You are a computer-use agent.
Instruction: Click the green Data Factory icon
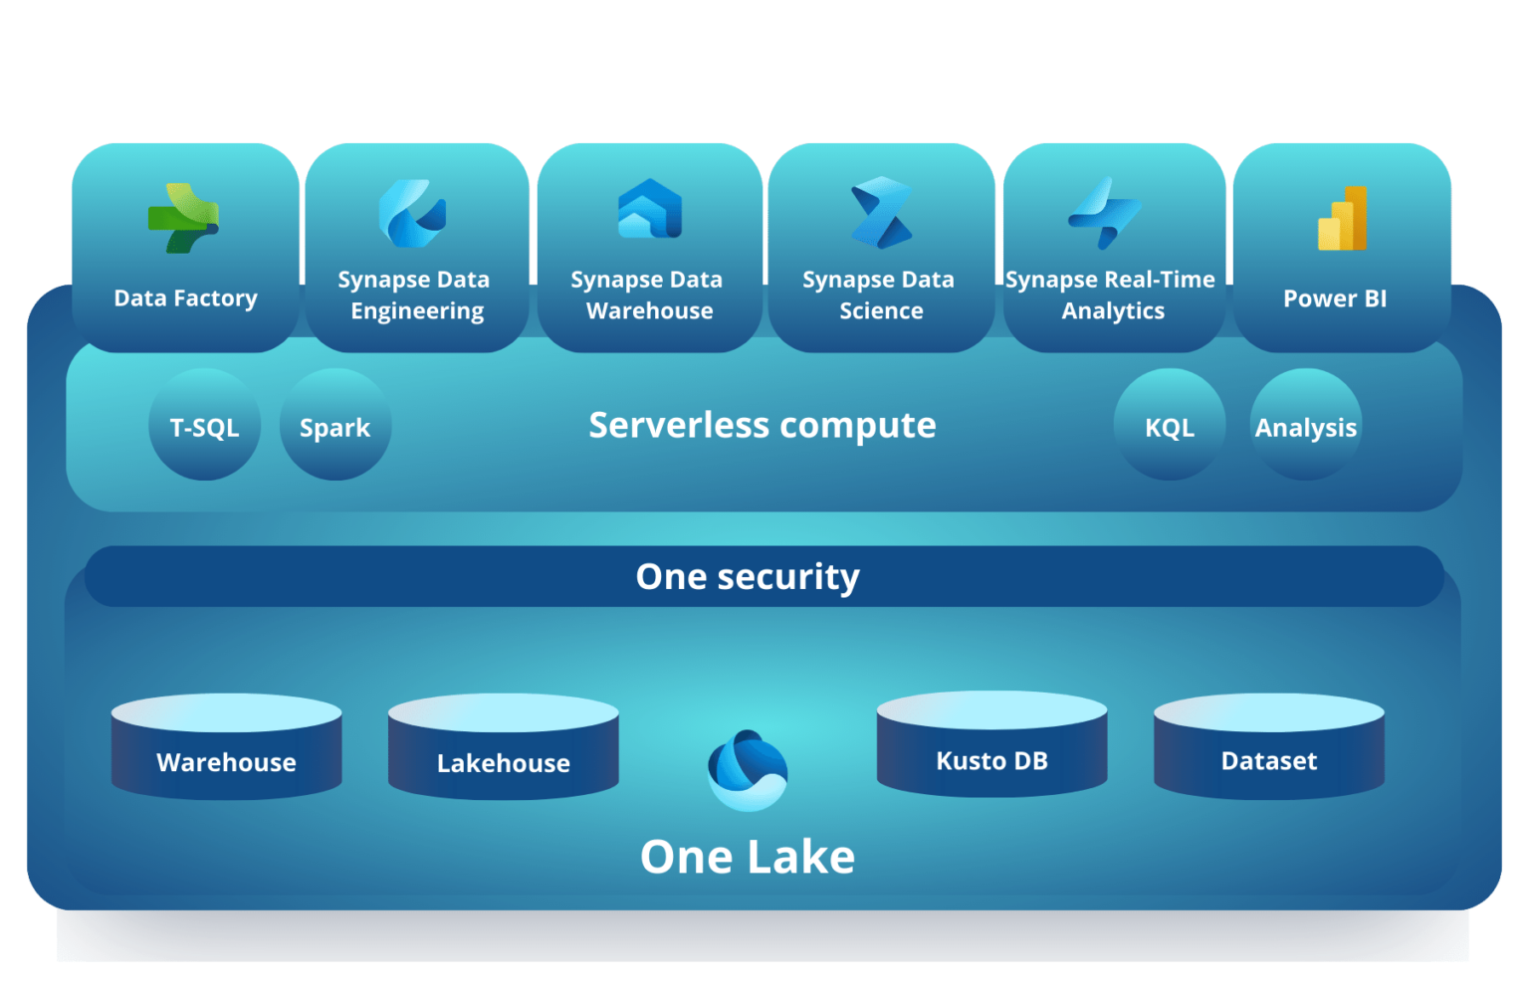(183, 218)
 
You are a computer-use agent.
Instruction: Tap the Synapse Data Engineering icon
(412, 213)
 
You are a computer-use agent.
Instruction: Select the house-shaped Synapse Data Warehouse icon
(649, 209)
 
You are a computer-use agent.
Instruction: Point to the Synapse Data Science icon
(881, 212)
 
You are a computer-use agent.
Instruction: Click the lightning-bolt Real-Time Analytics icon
(1104, 213)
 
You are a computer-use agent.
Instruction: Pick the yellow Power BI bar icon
(1342, 218)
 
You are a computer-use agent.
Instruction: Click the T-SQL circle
(204, 425)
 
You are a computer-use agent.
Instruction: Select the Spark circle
(335, 425)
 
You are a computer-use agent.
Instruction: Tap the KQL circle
(1170, 425)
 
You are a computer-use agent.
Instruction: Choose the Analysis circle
(1306, 425)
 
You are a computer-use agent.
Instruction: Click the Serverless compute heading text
(763, 426)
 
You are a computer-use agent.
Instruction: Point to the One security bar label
(748, 577)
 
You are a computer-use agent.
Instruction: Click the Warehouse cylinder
(227, 746)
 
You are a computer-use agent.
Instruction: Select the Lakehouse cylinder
(504, 746)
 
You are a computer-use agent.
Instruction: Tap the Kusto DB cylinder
(991, 744)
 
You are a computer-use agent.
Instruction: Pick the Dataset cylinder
(1269, 746)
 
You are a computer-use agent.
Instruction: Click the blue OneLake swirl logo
(748, 770)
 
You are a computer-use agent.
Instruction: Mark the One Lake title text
(748, 857)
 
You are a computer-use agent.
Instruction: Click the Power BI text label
(1335, 298)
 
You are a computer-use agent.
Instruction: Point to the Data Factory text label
(186, 298)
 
